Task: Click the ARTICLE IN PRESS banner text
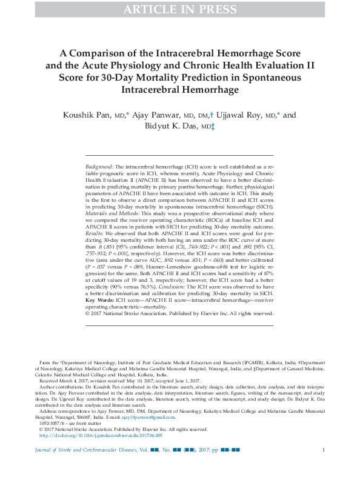(179, 9)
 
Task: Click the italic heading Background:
(99, 166)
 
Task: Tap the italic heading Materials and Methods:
(114, 218)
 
